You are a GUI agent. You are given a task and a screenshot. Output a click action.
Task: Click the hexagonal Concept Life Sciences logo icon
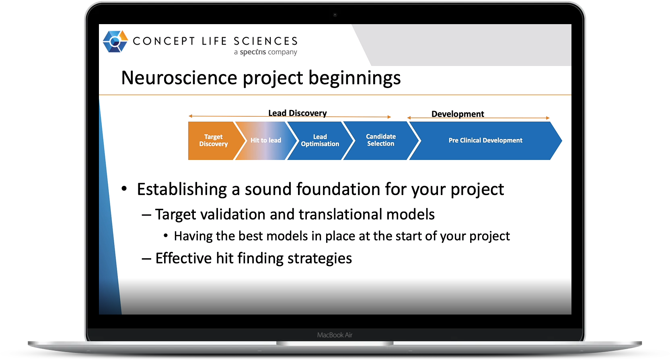(x=115, y=41)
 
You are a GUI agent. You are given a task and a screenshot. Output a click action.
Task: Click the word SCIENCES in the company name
(x=265, y=41)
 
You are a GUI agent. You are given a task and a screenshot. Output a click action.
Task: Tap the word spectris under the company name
(x=253, y=52)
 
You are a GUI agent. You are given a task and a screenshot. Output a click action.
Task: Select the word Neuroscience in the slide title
(x=179, y=78)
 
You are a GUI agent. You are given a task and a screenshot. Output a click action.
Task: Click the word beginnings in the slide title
(x=354, y=78)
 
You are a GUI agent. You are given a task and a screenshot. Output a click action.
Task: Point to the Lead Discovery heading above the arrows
(x=297, y=113)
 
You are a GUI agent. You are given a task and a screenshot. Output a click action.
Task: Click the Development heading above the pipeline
(x=458, y=114)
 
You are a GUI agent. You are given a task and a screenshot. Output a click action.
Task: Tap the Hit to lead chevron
(x=265, y=140)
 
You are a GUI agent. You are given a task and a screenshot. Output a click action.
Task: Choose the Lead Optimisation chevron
(x=320, y=140)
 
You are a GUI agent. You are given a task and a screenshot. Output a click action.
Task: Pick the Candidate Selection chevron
(x=380, y=140)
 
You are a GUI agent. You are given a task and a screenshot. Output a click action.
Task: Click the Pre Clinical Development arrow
(x=485, y=140)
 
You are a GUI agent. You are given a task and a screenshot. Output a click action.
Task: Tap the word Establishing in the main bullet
(x=182, y=189)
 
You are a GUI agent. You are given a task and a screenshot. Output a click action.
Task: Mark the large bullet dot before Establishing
(x=124, y=188)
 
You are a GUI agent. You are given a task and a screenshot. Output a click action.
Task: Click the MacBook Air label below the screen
(x=335, y=335)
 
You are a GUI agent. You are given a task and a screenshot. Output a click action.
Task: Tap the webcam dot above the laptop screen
(x=335, y=15)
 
